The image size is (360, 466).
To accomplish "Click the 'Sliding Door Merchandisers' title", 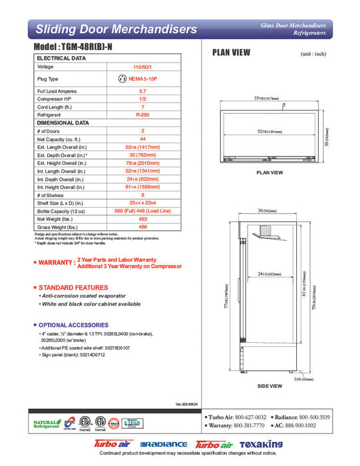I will pos(116,29).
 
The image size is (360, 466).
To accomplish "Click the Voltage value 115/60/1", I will pos(142,67).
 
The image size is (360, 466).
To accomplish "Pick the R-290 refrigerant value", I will pos(142,114).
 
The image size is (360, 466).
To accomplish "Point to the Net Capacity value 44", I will pos(142,139).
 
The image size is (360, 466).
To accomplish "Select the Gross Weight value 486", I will pos(142,227).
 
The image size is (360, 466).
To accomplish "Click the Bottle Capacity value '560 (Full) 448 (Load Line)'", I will pos(142,211).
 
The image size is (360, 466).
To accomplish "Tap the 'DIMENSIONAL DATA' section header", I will pos(63,122).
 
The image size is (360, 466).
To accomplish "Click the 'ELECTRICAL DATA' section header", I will pos(61,59).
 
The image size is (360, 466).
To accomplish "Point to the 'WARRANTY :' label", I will pos(55,263).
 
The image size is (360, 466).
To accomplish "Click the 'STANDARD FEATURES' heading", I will pos(73,287).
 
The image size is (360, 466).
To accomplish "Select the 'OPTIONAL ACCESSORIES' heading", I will pos(77,325).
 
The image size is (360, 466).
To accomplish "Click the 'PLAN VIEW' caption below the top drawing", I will pos(270,172).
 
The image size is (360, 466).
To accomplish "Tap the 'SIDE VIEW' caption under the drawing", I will pos(270,385).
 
